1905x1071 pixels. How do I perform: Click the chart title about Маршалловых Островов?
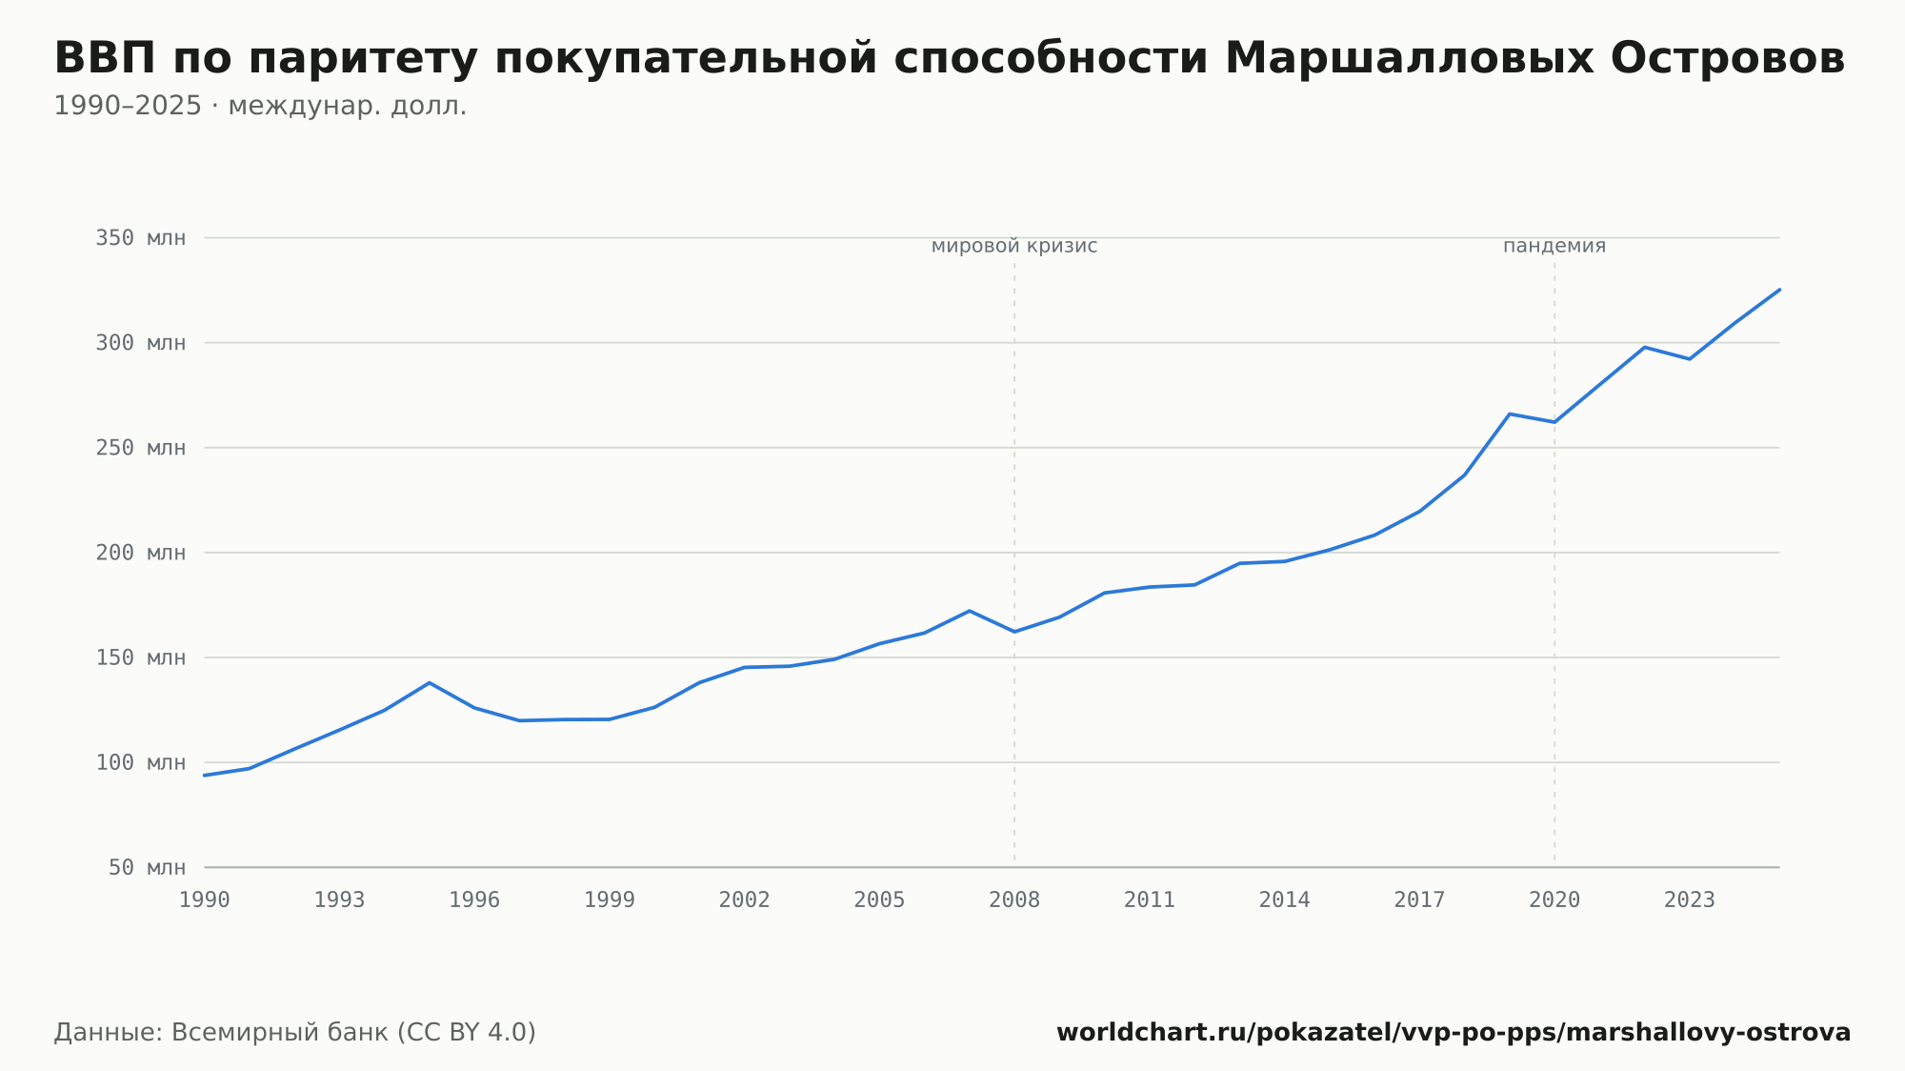pyautogui.click(x=950, y=58)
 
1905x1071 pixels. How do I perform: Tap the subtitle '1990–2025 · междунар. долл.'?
pyautogui.click(x=260, y=106)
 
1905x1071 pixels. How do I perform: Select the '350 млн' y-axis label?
pyautogui.click(x=140, y=237)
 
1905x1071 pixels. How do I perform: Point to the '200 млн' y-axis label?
pyautogui.click(x=140, y=553)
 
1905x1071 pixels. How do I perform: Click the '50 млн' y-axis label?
pyautogui.click(x=147, y=867)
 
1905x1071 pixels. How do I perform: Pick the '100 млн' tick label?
pyautogui.click(x=140, y=762)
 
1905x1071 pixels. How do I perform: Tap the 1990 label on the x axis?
pyautogui.click(x=205, y=900)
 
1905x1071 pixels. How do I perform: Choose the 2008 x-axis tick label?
pyautogui.click(x=1014, y=900)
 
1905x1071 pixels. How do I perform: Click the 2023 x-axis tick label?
pyautogui.click(x=1690, y=900)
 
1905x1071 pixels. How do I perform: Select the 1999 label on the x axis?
pyautogui.click(x=610, y=900)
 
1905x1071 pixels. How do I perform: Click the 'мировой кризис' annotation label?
pyautogui.click(x=1014, y=246)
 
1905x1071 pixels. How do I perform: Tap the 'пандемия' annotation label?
pyautogui.click(x=1554, y=246)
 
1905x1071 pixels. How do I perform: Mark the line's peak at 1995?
pyautogui.click(x=430, y=682)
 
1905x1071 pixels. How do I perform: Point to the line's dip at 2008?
pyautogui.click(x=1014, y=632)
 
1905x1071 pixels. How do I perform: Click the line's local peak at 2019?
pyautogui.click(x=1510, y=414)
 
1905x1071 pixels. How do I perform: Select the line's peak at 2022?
pyautogui.click(x=1645, y=347)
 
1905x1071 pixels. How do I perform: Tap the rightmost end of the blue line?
pyautogui.click(x=1779, y=290)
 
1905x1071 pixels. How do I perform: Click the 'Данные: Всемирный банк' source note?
pyautogui.click(x=295, y=1033)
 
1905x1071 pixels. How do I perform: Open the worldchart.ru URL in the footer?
pyautogui.click(x=1454, y=1033)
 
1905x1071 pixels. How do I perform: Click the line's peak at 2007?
pyautogui.click(x=970, y=611)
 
